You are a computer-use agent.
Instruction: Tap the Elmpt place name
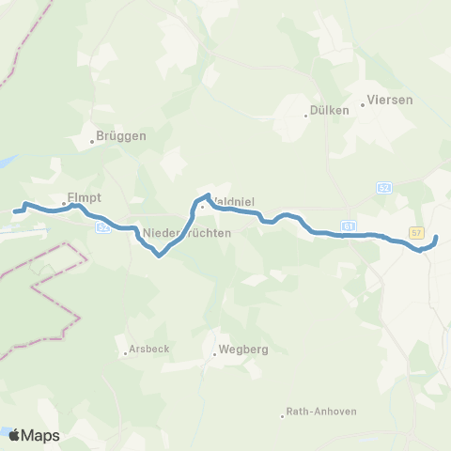84,198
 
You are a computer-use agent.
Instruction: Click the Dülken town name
331,110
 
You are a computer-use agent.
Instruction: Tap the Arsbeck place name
148,349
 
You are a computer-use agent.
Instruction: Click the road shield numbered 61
349,226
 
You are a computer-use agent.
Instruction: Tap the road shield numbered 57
416,232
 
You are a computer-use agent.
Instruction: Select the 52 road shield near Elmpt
102,227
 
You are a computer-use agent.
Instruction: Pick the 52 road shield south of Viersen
383,188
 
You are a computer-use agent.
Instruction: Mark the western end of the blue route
16,211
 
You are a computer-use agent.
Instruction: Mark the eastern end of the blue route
436,237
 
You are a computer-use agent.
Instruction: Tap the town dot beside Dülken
306,116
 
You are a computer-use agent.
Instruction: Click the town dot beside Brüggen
93,142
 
